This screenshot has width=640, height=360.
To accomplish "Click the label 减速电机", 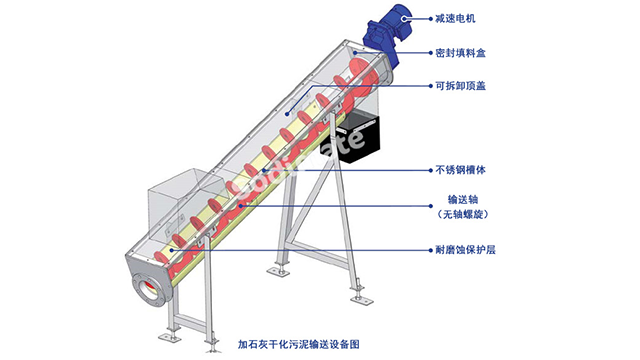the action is (x=455, y=18).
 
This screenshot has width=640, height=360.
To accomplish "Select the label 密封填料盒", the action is (x=460, y=53).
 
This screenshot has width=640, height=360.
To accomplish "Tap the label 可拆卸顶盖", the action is (x=460, y=86).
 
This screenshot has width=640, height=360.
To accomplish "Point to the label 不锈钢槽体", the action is (x=460, y=170).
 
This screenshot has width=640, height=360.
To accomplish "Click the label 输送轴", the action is (x=462, y=200).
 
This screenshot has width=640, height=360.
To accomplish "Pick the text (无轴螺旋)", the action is (x=462, y=214).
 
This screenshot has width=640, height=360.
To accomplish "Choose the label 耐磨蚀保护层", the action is (x=465, y=250).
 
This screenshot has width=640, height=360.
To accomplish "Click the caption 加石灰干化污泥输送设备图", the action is (x=298, y=344).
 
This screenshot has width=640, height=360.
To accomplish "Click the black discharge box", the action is (x=356, y=137).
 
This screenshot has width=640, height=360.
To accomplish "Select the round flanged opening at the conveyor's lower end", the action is (x=147, y=288).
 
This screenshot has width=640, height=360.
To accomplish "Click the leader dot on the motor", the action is (x=404, y=18).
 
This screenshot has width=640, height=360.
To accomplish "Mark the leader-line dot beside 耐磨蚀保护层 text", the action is (x=431, y=250).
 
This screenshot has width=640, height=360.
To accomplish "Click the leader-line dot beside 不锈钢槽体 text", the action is (x=431, y=170).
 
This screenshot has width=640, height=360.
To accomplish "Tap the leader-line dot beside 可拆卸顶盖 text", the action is (x=431, y=86).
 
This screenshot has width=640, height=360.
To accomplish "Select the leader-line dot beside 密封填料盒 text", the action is (x=431, y=53).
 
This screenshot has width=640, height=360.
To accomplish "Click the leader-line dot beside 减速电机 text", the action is (x=431, y=18).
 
